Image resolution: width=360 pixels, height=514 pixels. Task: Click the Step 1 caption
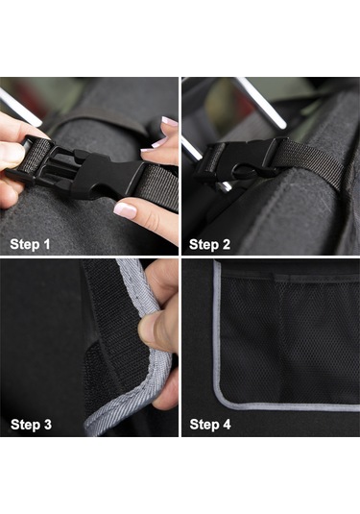pos(30,244)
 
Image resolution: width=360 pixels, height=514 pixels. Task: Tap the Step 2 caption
pos(209,245)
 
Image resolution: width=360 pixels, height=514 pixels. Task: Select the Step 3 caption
pos(31,425)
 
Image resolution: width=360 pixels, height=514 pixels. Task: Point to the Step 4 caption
pos(210,425)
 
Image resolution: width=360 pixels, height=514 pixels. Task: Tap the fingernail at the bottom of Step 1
pos(125,210)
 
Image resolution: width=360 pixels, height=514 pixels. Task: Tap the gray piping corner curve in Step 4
pos(226,399)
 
